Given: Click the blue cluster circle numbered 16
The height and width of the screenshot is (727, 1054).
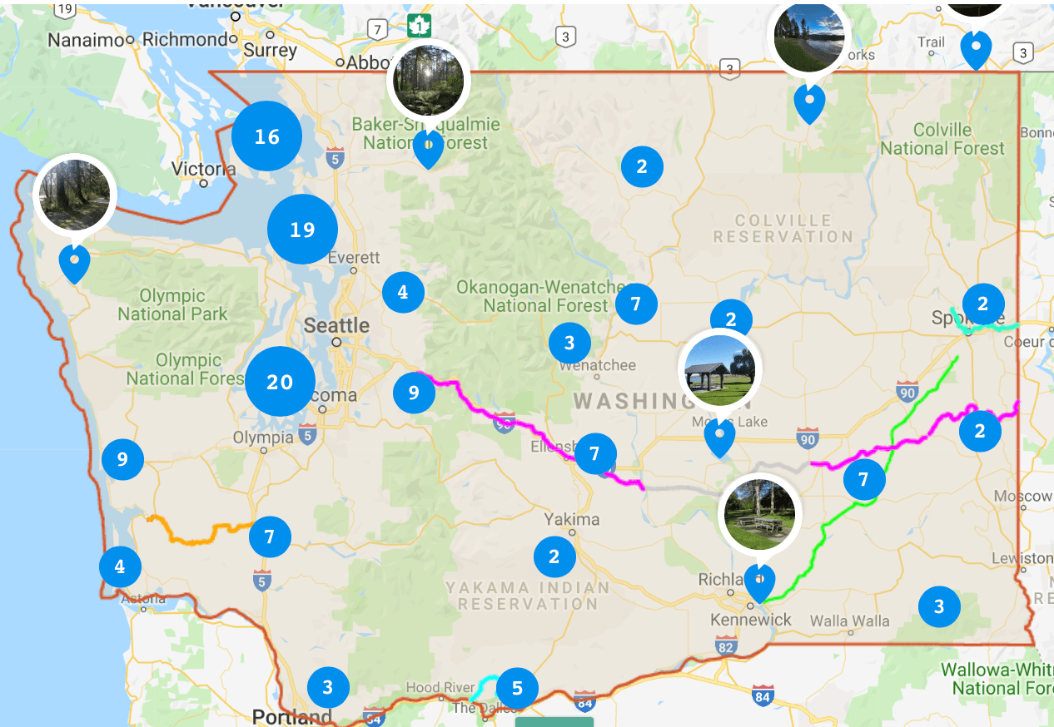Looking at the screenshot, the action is tap(266, 136).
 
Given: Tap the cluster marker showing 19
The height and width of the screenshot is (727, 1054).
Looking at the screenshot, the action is tap(302, 230).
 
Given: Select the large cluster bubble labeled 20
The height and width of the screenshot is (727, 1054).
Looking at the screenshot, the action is tap(280, 382).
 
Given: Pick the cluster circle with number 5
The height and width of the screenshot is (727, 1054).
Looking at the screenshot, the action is tap(517, 689).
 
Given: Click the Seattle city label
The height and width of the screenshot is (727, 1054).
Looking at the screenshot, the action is tap(336, 325).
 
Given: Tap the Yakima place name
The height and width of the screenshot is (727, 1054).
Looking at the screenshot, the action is tap(572, 520).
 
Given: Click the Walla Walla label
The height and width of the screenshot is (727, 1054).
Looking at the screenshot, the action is tap(849, 621).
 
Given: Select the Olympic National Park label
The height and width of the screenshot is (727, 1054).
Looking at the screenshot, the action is tap(172, 305).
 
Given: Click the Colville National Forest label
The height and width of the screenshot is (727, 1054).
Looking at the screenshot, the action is tap(942, 139).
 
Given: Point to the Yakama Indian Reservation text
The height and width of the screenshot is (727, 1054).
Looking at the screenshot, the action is tap(528, 596).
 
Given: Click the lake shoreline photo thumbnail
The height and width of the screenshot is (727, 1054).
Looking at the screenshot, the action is tap(809, 35).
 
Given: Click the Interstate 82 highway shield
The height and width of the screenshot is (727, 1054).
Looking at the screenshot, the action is tap(726, 645).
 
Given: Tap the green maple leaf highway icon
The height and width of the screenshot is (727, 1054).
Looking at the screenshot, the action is tap(418, 25).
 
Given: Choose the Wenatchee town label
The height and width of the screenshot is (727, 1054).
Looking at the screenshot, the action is tap(597, 365).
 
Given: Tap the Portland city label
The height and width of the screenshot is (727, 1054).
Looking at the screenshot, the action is tap(291, 717).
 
